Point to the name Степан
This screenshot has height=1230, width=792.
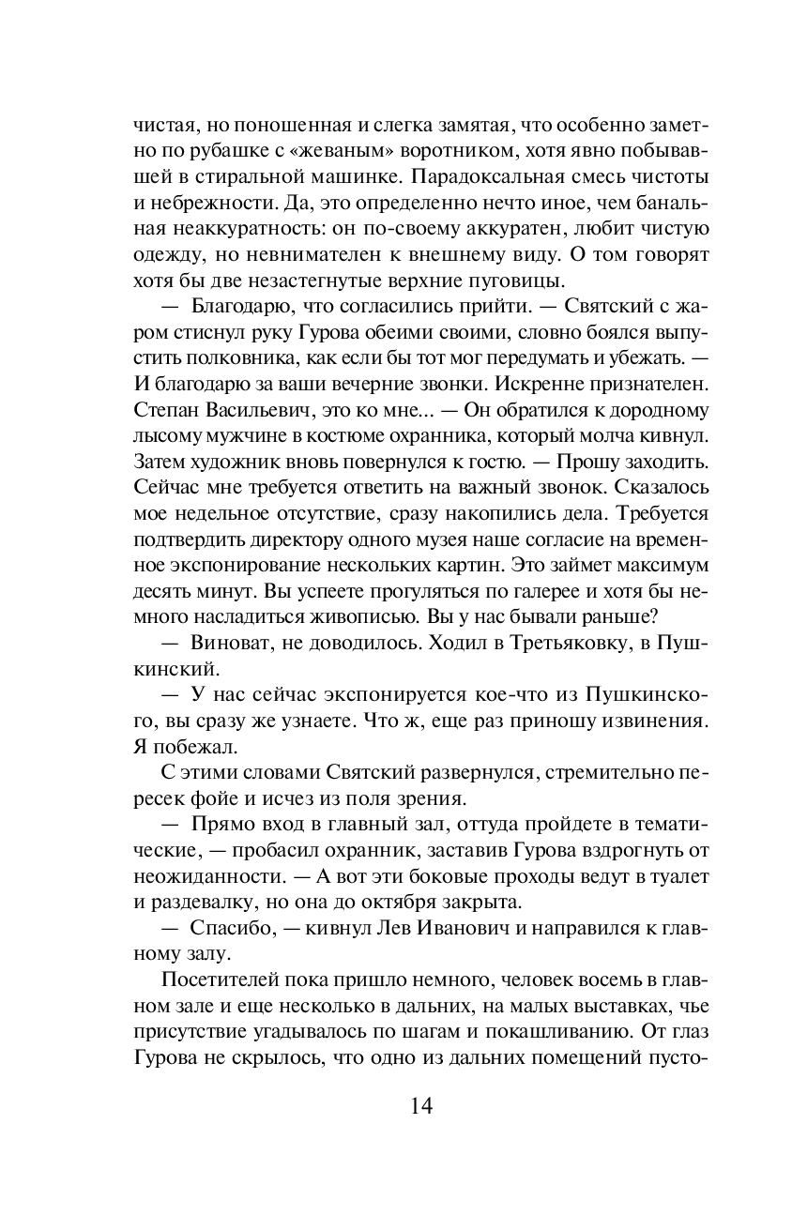point(166,410)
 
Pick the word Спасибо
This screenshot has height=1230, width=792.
point(231,928)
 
